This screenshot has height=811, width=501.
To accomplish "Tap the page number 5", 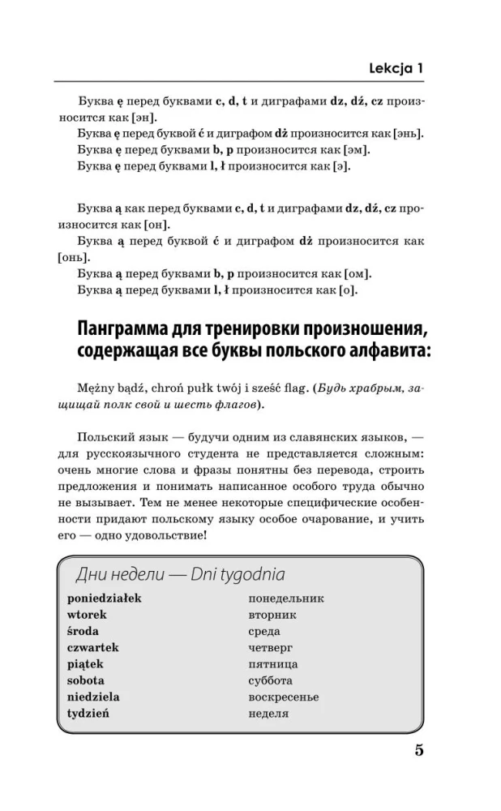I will point(418,750).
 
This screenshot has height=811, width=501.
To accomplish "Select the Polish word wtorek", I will point(86,615).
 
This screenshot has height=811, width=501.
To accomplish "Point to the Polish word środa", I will point(83,631).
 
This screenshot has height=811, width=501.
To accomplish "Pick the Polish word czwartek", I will point(92,647).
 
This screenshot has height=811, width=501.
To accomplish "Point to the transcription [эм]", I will point(358,151).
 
